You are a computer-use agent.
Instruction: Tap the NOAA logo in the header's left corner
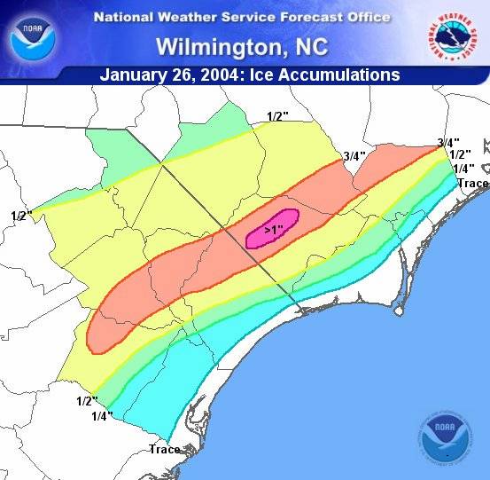click(32, 35)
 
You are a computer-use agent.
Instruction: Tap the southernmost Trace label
click(165, 449)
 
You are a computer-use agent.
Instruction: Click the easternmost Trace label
click(473, 184)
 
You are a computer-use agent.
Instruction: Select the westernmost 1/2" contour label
click(21, 216)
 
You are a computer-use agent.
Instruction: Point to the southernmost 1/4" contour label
click(102, 416)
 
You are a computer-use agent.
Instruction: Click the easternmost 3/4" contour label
click(448, 143)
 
